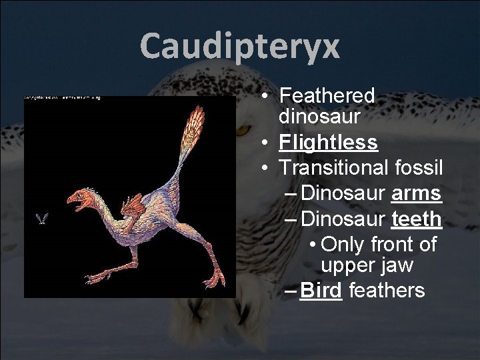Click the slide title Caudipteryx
240,46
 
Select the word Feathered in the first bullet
327,95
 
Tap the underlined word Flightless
329,143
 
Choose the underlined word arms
416,193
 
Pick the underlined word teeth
416,219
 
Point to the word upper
347,265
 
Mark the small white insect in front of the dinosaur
42,218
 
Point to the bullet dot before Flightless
265,143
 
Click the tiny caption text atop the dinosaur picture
62,98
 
